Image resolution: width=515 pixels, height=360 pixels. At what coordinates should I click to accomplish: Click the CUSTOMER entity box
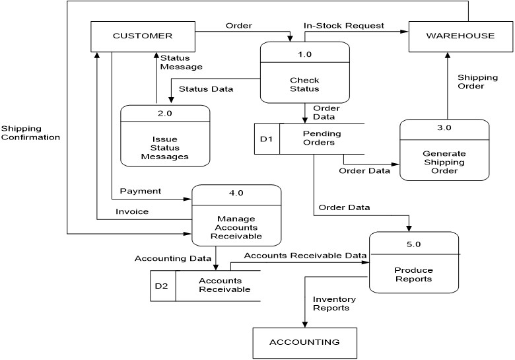tap(143, 36)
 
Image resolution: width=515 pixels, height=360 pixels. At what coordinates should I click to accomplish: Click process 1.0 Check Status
tap(304, 73)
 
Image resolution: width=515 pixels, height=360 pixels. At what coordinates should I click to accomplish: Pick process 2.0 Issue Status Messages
tap(164, 135)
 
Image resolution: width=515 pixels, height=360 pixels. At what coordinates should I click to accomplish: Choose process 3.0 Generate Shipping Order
tap(444, 150)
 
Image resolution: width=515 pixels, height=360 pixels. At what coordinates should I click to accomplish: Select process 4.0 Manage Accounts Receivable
tap(236, 215)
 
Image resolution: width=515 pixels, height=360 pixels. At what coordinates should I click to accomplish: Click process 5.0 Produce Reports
tap(414, 262)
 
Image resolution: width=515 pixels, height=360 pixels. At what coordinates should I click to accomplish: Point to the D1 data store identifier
tap(266, 139)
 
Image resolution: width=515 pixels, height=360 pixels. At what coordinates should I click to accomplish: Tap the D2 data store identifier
tap(162, 286)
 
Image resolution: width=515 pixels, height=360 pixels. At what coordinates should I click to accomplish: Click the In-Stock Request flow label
tap(343, 26)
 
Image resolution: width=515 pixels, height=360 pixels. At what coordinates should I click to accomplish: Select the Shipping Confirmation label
tap(30, 133)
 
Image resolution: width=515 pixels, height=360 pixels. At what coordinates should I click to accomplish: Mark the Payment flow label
tap(140, 191)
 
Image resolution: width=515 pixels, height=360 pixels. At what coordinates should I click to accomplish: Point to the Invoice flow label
tap(132, 211)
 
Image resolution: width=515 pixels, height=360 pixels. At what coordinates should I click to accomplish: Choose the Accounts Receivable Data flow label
tap(304, 255)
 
